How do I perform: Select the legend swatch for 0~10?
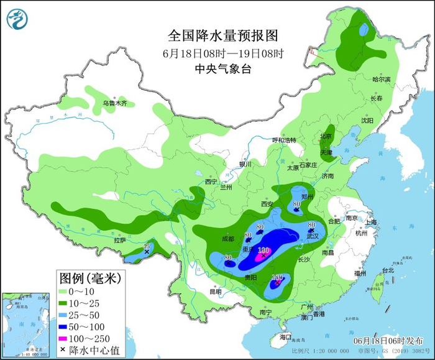pyautogui.click(x=66, y=291)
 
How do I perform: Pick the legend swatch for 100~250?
pyautogui.click(x=66, y=339)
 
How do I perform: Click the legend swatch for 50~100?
pyautogui.click(x=66, y=327)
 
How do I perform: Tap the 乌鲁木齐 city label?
pyautogui.click(x=115, y=103)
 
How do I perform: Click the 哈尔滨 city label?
pyautogui.click(x=381, y=80)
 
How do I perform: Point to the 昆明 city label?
pyautogui.click(x=215, y=291)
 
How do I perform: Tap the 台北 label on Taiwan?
pyautogui.click(x=388, y=270)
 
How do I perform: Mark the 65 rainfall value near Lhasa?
pyautogui.click(x=147, y=247)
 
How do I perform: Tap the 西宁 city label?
pyautogui.click(x=212, y=182)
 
